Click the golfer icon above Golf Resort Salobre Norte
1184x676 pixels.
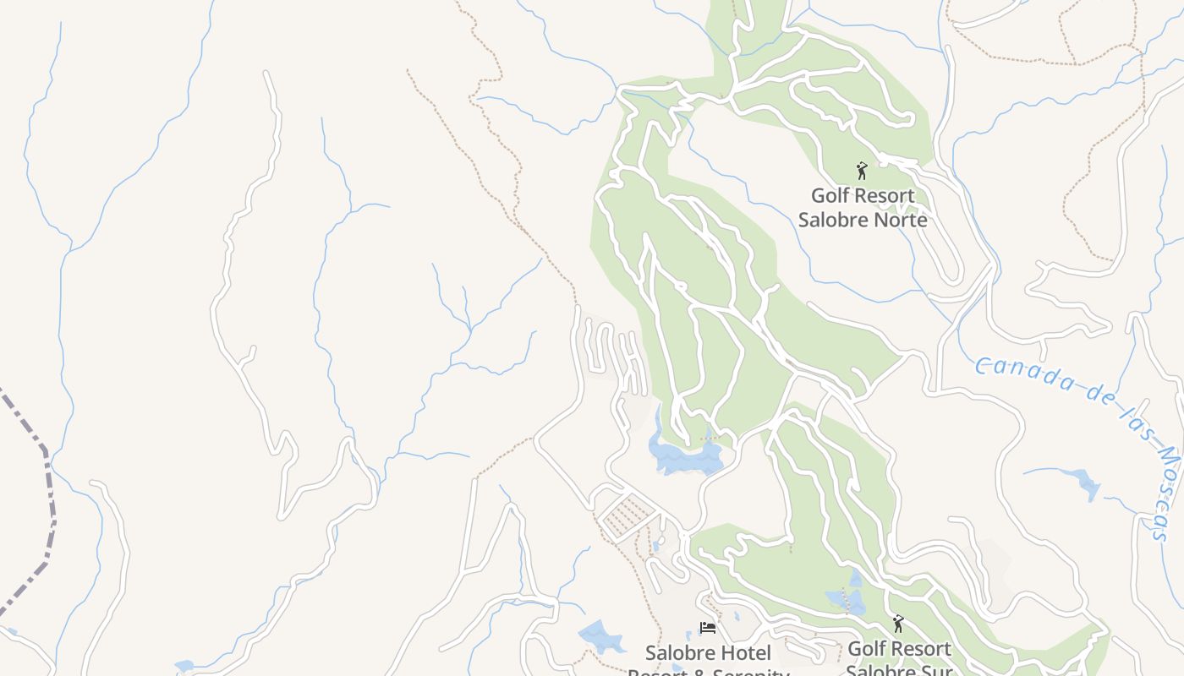tap(862, 171)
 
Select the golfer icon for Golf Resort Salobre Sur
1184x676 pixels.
tap(898, 624)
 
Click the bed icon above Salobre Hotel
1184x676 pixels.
tap(708, 628)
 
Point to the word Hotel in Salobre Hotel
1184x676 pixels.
tap(745, 653)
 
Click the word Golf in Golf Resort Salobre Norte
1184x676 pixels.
tap(829, 196)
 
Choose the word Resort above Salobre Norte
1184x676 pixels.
tap(884, 196)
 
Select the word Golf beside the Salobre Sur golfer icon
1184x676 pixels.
tap(866, 649)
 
